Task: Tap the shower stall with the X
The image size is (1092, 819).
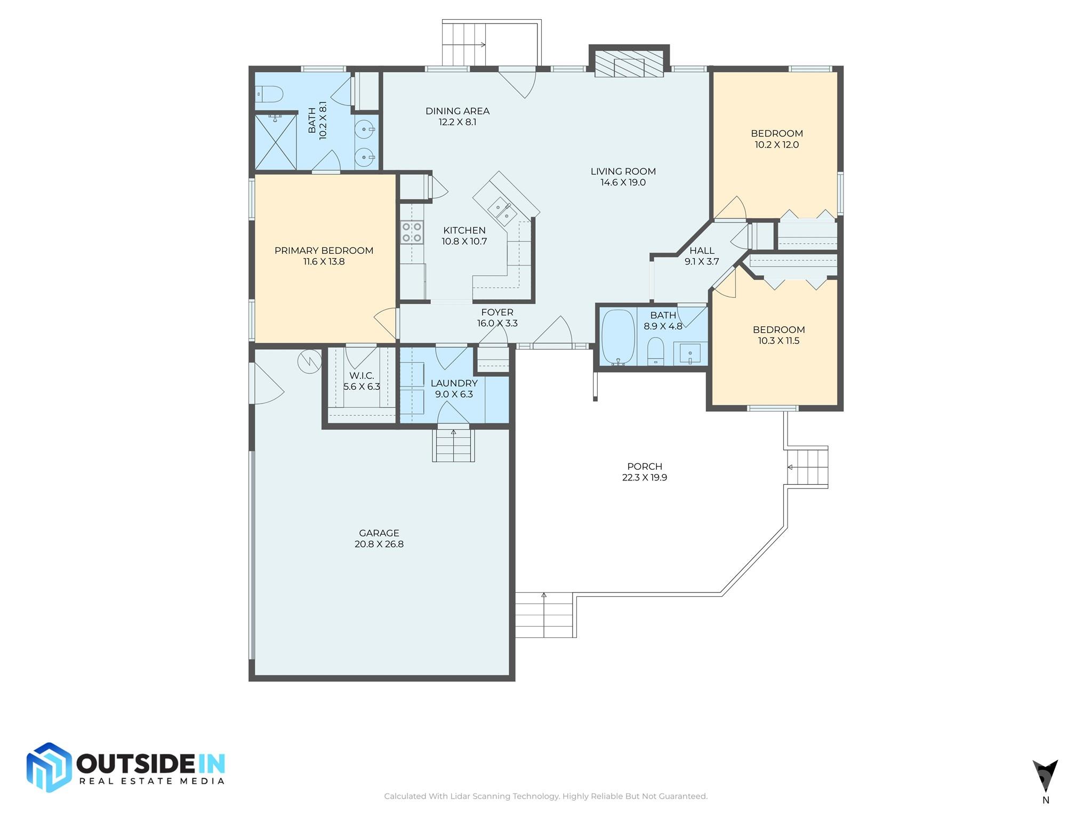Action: point(276,142)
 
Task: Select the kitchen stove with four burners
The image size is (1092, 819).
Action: point(412,232)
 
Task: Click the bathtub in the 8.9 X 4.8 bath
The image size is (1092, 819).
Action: point(618,337)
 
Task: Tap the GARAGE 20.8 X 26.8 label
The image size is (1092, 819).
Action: point(379,539)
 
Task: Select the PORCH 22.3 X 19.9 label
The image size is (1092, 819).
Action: point(644,472)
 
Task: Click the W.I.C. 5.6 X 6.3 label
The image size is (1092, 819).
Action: point(362,381)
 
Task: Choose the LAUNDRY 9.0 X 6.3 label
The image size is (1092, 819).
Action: point(454,389)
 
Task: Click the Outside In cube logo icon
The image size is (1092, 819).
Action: point(49,767)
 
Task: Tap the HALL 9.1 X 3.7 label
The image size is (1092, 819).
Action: point(702,256)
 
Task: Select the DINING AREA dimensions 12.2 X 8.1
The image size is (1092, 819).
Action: point(457,122)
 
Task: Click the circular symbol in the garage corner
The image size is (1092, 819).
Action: point(309,361)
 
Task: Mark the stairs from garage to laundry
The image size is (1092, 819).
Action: point(453,446)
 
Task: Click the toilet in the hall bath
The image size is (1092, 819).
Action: point(655,352)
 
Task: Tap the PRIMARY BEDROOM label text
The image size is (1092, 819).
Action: point(324,251)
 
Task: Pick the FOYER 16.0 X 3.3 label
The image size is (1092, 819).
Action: point(497,318)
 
